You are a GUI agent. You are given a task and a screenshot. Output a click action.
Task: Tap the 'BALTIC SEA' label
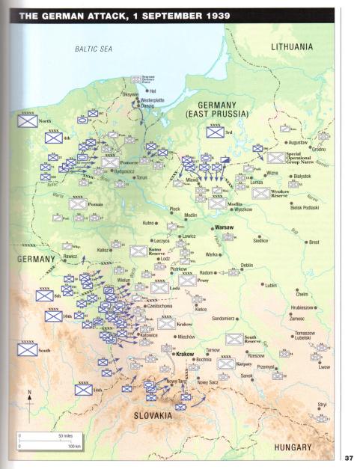tap(94, 49)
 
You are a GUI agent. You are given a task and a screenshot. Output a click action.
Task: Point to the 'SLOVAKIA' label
tap(158, 415)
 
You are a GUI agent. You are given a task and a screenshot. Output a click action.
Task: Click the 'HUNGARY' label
tap(293, 447)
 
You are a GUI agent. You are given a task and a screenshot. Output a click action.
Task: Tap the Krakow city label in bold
tap(184, 354)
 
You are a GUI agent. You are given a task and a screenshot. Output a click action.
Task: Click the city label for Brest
tap(313, 242)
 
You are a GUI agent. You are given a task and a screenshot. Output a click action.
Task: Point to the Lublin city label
tap(271, 285)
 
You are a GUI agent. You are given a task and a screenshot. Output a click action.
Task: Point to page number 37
tap(349, 458)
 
